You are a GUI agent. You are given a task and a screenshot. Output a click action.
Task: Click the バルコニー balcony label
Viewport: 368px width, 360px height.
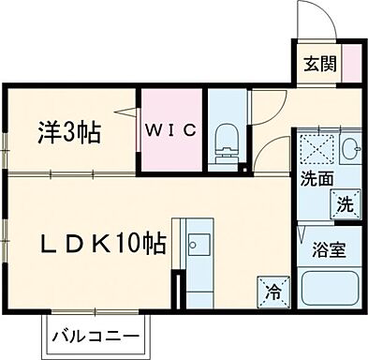pos(96,335)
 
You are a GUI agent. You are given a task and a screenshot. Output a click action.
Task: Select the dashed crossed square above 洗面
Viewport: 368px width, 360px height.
pos(315,149)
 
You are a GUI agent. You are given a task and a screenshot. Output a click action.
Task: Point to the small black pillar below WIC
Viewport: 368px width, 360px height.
pos(242,170)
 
